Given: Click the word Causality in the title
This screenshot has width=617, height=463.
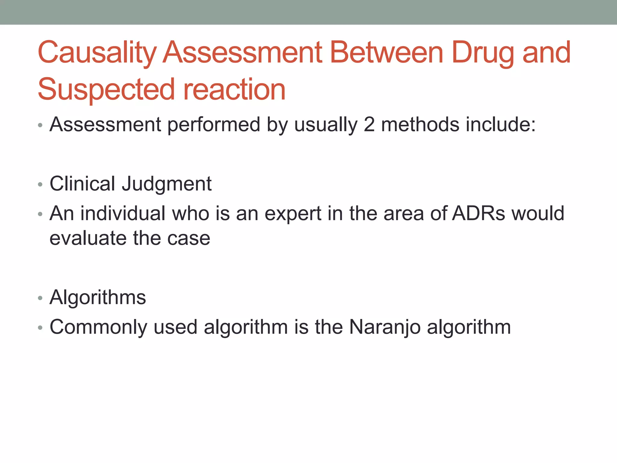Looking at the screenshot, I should (x=97, y=53).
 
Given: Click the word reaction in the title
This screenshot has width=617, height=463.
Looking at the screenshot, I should (x=234, y=90).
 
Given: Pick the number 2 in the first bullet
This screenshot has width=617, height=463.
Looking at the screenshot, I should (x=369, y=124).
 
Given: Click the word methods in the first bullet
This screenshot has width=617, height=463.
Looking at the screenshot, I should (x=420, y=124).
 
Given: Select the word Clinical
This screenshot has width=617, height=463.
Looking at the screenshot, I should (x=82, y=184).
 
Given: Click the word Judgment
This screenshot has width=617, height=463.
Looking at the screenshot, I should (x=167, y=184).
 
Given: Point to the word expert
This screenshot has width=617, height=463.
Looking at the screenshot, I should (x=293, y=214).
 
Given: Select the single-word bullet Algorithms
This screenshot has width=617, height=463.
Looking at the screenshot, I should (x=98, y=298).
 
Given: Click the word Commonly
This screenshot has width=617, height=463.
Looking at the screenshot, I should (x=98, y=327).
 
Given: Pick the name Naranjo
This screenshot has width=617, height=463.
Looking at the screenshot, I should (x=385, y=327).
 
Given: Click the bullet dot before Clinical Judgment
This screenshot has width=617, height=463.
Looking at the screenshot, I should (x=40, y=184).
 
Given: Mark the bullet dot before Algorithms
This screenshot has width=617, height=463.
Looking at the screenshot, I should (x=40, y=298).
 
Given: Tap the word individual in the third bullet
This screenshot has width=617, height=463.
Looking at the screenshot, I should (x=123, y=213).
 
